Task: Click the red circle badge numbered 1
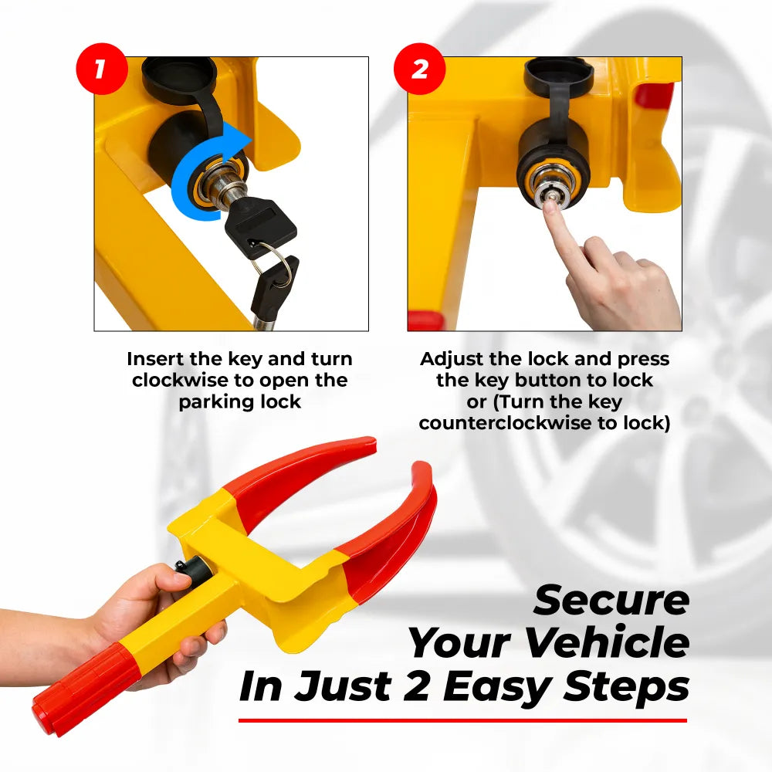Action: (x=101, y=69)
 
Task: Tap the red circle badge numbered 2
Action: (x=419, y=69)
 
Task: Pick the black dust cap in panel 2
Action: (x=559, y=78)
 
